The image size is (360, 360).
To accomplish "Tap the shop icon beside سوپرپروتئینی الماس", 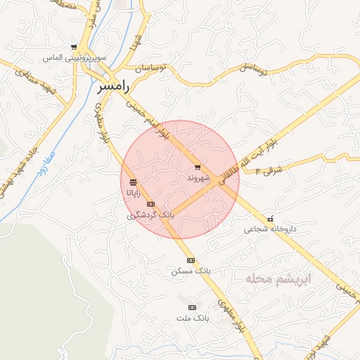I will coord(74,48).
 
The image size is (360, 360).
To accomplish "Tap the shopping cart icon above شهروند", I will coord(198,167).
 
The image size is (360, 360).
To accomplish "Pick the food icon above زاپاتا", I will coord(133,183).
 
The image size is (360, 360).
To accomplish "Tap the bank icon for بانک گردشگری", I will coord(149,205).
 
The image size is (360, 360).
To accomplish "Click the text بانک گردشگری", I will coord(150,214).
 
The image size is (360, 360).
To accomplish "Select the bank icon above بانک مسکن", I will coord(190,260).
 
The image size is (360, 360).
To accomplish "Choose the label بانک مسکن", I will coord(191,271).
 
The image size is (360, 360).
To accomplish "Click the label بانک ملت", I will coord(193,318).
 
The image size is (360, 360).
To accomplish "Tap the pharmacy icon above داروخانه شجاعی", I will coord(270,219).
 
